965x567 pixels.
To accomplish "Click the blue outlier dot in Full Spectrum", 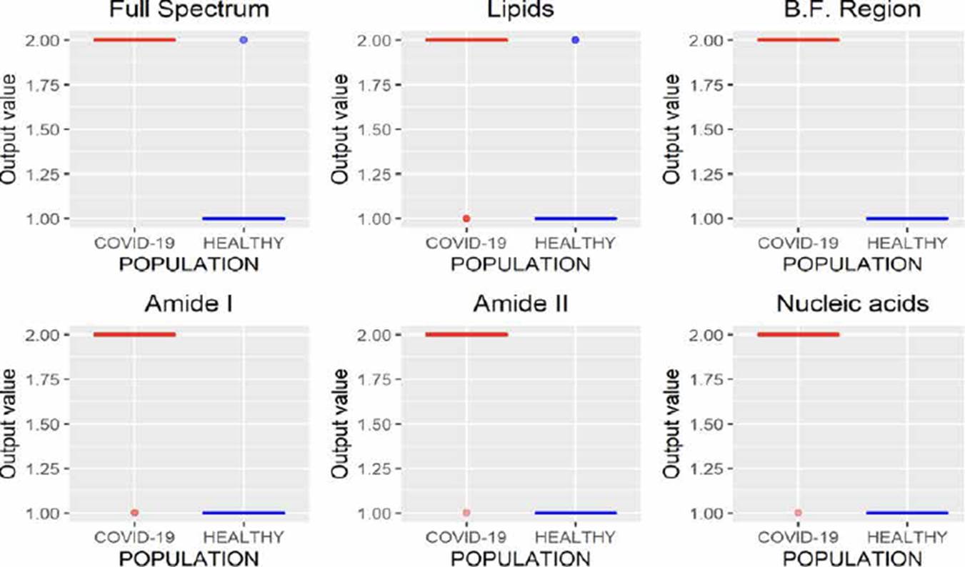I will click(x=244, y=40).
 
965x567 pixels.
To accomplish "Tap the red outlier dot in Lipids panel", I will click(x=466, y=219).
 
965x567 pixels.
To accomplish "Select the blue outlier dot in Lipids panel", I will click(x=575, y=40).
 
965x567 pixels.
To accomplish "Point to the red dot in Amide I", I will click(x=134, y=513).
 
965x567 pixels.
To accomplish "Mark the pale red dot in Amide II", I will click(x=466, y=513).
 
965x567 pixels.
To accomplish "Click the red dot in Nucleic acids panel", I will click(x=798, y=513).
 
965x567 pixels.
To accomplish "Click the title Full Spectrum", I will click(x=189, y=10).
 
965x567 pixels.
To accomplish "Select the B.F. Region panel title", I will click(x=852, y=10).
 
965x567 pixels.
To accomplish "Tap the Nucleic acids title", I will click(x=852, y=304).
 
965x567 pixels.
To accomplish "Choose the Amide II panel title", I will click(x=521, y=304).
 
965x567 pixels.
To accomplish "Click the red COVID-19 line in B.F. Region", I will click(x=798, y=40).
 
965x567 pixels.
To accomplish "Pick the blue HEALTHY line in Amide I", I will click(x=244, y=513).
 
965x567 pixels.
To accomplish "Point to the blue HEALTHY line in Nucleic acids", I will click(x=906, y=513).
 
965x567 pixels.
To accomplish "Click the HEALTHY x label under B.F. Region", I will click(x=906, y=243).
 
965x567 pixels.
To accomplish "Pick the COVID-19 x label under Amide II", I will click(x=466, y=537).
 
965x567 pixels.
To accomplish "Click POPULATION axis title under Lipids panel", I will click(x=521, y=265).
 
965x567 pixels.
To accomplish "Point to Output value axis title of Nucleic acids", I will click(x=671, y=423).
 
